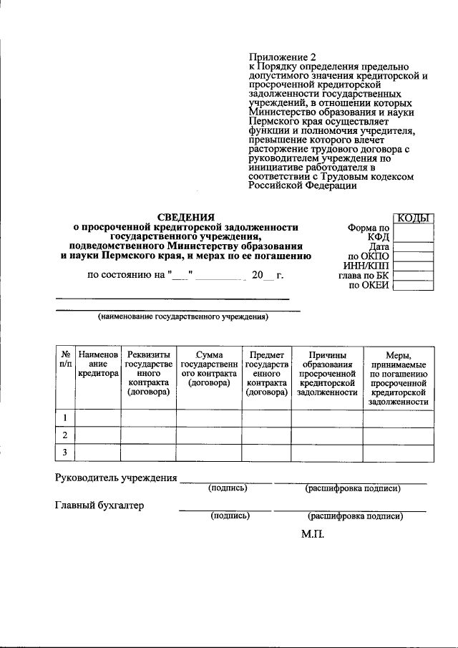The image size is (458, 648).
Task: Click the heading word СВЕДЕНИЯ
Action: [185, 216]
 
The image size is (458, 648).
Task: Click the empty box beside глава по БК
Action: [414, 275]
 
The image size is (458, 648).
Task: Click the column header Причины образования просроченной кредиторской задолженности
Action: [327, 373]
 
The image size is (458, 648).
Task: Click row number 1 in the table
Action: [65, 417]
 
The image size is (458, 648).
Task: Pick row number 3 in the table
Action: [65, 452]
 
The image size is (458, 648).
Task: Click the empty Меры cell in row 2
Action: [398, 435]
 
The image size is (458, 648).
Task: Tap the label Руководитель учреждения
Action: [116, 478]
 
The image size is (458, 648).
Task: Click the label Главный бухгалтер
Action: [99, 506]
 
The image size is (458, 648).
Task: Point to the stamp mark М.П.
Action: [313, 533]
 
